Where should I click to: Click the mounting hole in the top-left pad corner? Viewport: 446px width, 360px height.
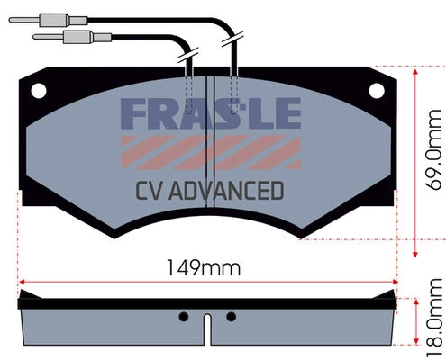39,90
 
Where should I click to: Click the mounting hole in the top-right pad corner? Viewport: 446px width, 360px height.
377,90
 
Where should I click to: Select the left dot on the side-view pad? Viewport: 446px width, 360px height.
184,316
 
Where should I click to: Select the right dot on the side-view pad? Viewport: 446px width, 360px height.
231,316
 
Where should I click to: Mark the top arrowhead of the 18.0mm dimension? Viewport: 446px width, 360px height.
414,299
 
